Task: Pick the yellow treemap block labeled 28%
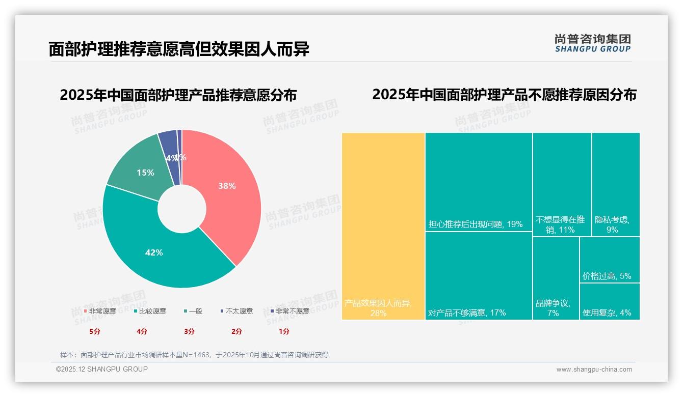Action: coord(383,226)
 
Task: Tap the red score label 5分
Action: coord(95,331)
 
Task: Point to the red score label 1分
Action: coord(284,331)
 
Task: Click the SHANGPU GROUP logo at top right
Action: coord(592,43)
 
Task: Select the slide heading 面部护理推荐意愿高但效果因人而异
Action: coord(179,49)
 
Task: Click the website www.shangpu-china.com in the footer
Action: coord(594,370)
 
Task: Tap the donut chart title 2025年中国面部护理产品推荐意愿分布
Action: coord(178,95)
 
